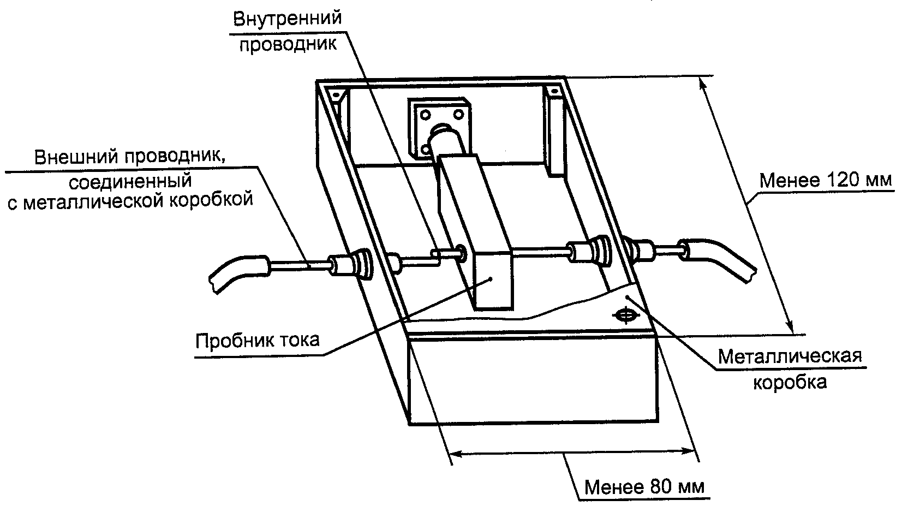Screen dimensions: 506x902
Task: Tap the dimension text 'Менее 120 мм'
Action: pyautogui.click(x=825, y=180)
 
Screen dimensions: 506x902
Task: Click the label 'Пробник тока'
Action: pyautogui.click(x=257, y=341)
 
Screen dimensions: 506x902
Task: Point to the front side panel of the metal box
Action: pyautogui.click(x=533, y=380)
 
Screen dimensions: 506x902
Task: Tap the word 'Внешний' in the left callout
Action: pyautogui.click(x=77, y=157)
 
